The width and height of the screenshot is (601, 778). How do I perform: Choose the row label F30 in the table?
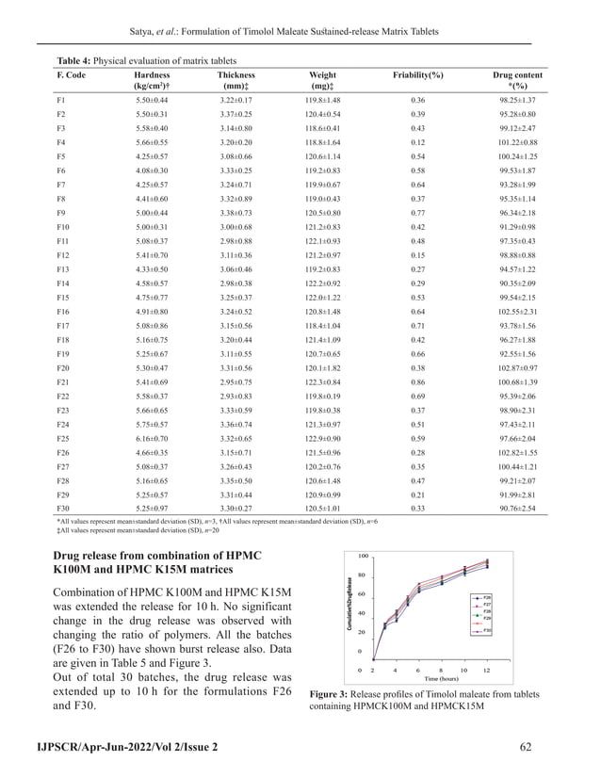[62, 508]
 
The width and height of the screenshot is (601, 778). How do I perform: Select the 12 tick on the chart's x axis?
[487, 670]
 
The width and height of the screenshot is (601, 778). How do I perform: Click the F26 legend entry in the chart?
[487, 597]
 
